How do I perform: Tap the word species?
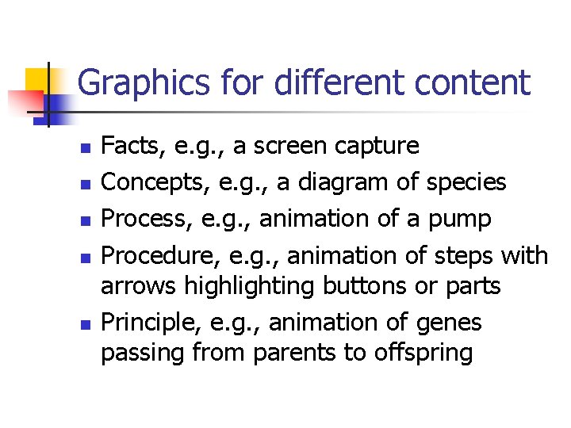coord(466,183)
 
